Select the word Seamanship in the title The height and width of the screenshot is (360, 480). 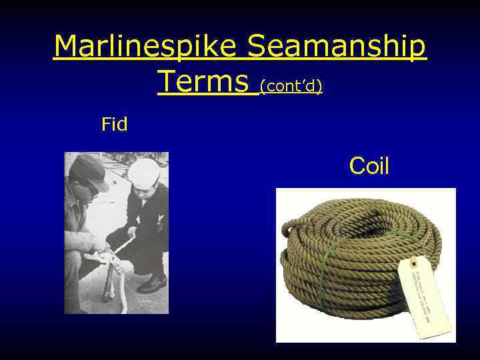tap(336, 47)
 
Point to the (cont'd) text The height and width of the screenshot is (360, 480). tap(291, 85)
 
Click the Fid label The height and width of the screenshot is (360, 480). tap(114, 124)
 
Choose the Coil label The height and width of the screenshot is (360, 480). tap(369, 166)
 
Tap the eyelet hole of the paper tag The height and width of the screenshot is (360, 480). tap(413, 262)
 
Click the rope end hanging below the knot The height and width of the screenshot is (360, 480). tap(122, 293)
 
